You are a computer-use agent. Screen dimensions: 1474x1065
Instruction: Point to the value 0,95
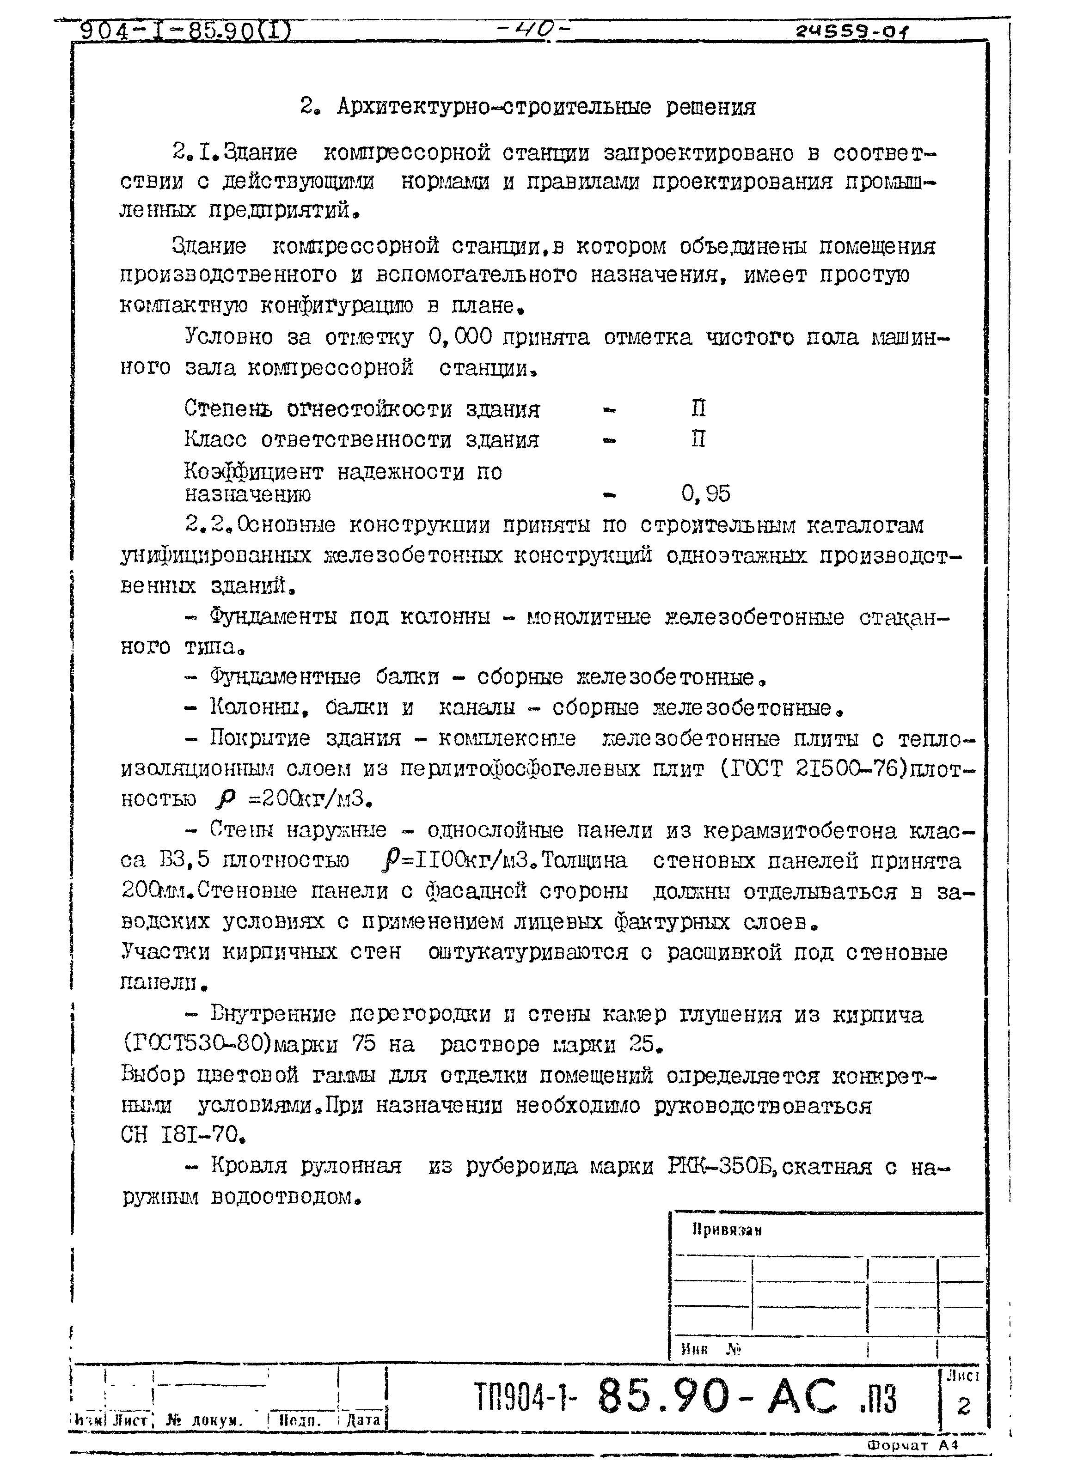pos(705,494)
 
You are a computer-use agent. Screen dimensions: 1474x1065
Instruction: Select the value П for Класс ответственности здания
pos(698,440)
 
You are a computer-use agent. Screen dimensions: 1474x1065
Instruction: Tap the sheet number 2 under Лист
pos(964,1406)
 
